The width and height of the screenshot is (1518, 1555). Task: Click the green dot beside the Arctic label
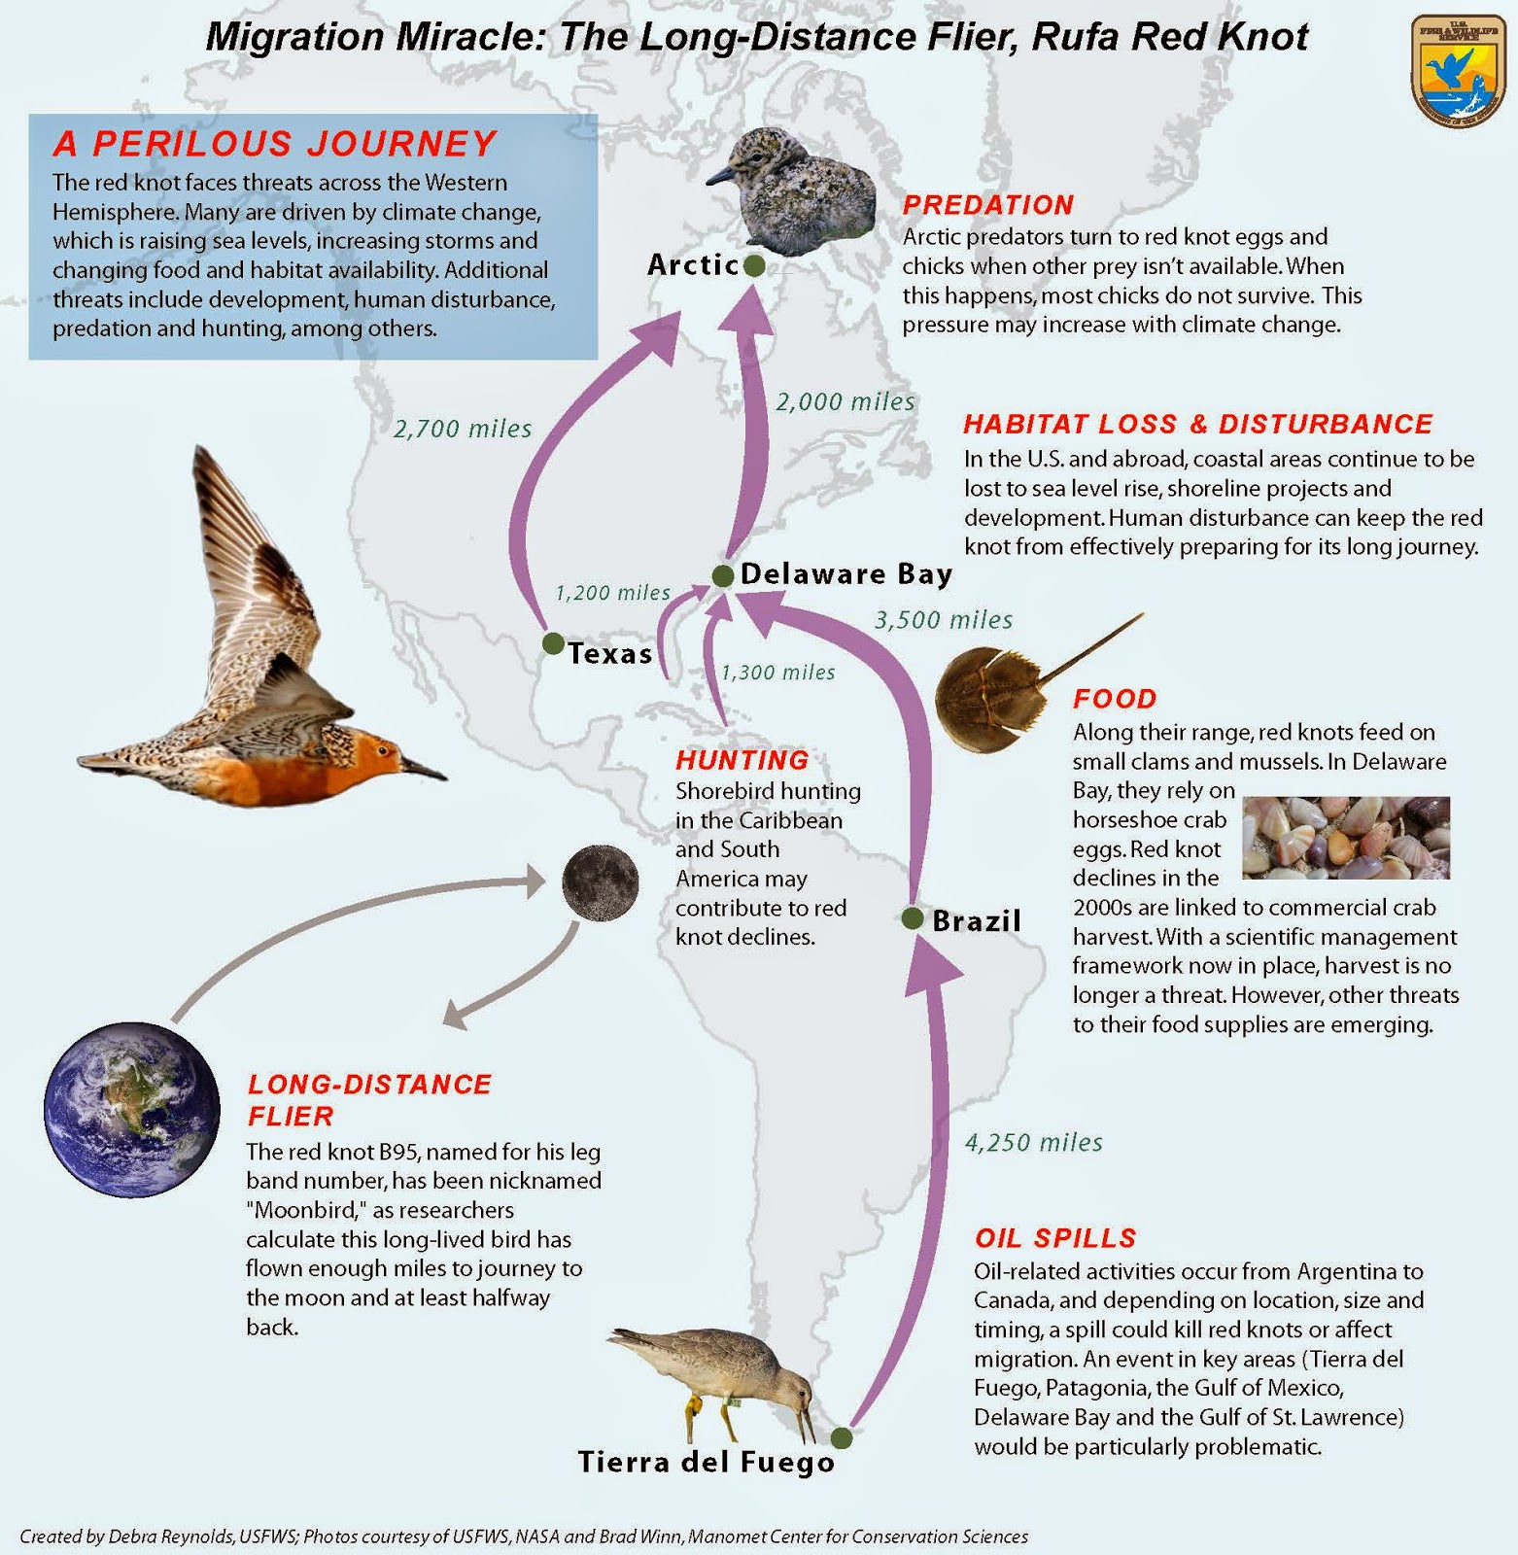(x=754, y=265)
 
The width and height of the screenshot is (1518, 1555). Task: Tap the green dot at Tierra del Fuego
(x=842, y=1437)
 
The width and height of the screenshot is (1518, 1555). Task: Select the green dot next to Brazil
(x=913, y=918)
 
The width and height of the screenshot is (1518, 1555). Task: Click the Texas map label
(x=610, y=653)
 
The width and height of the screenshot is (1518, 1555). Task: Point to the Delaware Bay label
(x=846, y=574)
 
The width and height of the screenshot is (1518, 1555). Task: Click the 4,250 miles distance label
(x=1034, y=1142)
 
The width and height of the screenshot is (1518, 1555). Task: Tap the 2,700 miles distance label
(x=463, y=429)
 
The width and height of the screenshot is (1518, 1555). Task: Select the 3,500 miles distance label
(x=944, y=620)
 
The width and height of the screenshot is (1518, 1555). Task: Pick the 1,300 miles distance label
(x=777, y=673)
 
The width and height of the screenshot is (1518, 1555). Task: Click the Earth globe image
(x=132, y=1109)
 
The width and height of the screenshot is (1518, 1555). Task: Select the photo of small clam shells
(x=1346, y=838)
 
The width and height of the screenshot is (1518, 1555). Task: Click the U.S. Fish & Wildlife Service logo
(x=1458, y=71)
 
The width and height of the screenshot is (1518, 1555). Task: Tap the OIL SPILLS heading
(x=1055, y=1238)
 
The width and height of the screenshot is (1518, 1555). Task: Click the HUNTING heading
(x=742, y=760)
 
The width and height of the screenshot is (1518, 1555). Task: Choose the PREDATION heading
(x=988, y=205)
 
